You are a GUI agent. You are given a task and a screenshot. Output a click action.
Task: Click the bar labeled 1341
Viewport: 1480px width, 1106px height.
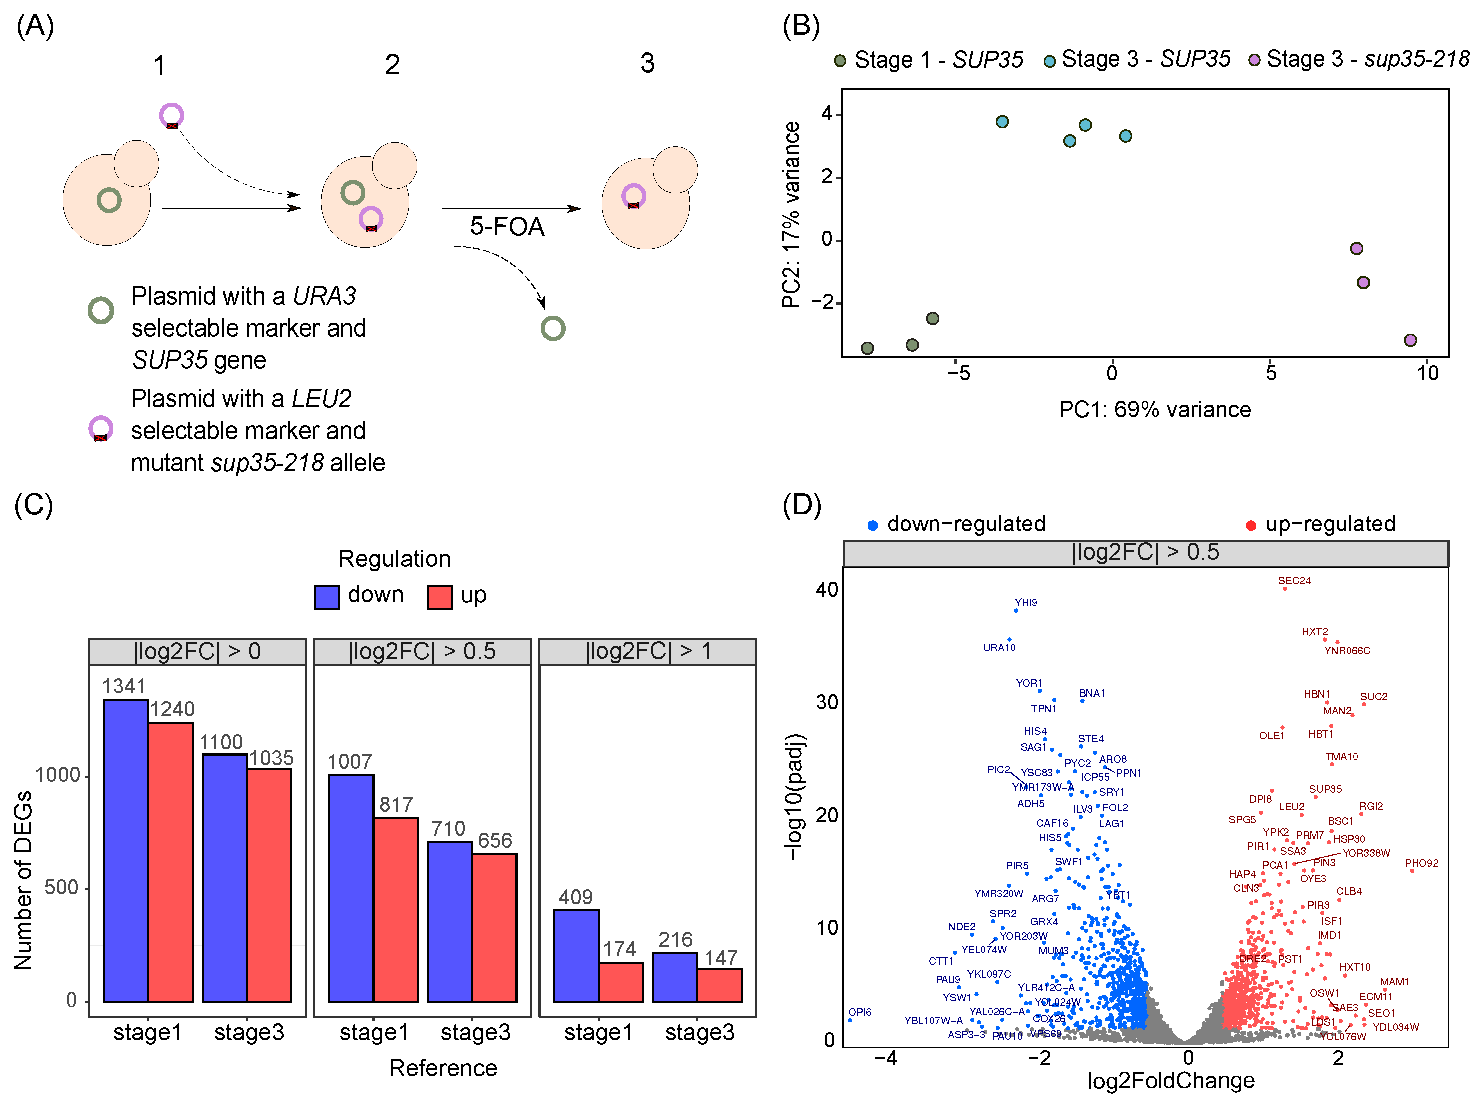pyautogui.click(x=126, y=849)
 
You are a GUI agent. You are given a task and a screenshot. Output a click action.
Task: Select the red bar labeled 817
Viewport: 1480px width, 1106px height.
pyautogui.click(x=396, y=909)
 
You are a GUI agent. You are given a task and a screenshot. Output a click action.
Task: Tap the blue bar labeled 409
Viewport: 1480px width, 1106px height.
pyautogui.click(x=576, y=955)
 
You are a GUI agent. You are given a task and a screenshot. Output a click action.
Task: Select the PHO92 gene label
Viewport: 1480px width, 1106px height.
pyautogui.click(x=1421, y=863)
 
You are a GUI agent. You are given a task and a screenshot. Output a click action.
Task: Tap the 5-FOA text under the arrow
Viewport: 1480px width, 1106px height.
pyautogui.click(x=507, y=227)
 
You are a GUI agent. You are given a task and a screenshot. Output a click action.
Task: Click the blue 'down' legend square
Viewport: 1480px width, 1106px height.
pyautogui.click(x=326, y=597)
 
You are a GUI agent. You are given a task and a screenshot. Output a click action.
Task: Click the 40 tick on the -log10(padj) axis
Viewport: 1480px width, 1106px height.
pyautogui.click(x=827, y=589)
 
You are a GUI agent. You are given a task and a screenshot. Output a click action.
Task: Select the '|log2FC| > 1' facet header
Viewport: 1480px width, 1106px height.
pyautogui.click(x=647, y=651)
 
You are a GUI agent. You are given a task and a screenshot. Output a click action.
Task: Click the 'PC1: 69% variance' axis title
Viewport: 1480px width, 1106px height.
pyautogui.click(x=1155, y=409)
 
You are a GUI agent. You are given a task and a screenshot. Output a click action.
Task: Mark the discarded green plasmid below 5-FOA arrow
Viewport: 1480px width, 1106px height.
pyautogui.click(x=553, y=328)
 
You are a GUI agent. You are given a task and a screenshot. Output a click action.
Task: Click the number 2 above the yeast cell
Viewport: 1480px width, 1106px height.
pyautogui.click(x=392, y=65)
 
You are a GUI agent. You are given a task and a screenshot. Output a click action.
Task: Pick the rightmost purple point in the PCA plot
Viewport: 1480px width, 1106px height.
pyautogui.click(x=1410, y=340)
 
